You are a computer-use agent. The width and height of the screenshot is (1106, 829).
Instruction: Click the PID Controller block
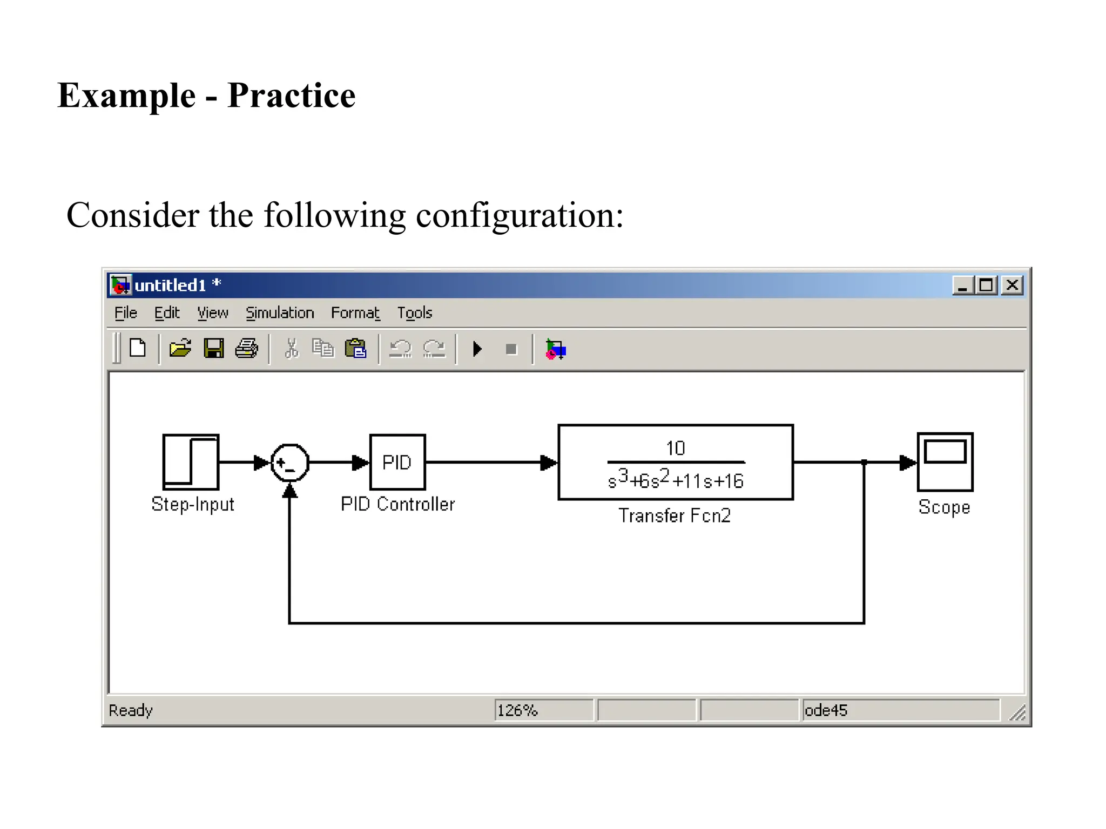(x=397, y=462)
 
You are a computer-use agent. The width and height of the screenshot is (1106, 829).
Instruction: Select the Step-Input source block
(x=191, y=462)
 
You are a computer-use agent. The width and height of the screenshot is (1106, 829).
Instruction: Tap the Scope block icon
(x=945, y=462)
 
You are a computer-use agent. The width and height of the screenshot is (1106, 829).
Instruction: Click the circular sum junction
(x=290, y=463)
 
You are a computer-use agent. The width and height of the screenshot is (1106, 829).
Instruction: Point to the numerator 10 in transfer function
(x=676, y=448)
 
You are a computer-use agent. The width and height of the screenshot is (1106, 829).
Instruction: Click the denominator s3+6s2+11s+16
(x=676, y=480)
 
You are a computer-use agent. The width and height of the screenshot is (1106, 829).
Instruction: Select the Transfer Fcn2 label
(x=675, y=515)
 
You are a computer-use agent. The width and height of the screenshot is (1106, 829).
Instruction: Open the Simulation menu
(x=280, y=313)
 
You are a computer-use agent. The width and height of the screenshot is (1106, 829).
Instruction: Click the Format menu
(x=355, y=313)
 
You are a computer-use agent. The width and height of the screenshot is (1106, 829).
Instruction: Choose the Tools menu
(x=415, y=313)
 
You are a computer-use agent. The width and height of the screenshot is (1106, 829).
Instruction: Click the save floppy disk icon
(x=214, y=349)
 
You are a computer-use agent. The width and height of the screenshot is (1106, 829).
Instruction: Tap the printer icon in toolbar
(x=247, y=349)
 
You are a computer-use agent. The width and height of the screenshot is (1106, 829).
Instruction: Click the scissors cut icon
(x=292, y=349)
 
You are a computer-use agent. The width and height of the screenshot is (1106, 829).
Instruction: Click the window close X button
(x=1012, y=285)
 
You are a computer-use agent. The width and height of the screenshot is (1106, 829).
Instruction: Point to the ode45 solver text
(x=826, y=710)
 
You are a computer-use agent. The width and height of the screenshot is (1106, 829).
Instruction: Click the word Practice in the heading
(x=291, y=96)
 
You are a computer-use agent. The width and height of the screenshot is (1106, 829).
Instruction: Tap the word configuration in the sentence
(x=519, y=215)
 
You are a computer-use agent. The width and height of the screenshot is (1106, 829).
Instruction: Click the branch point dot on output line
(x=864, y=463)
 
